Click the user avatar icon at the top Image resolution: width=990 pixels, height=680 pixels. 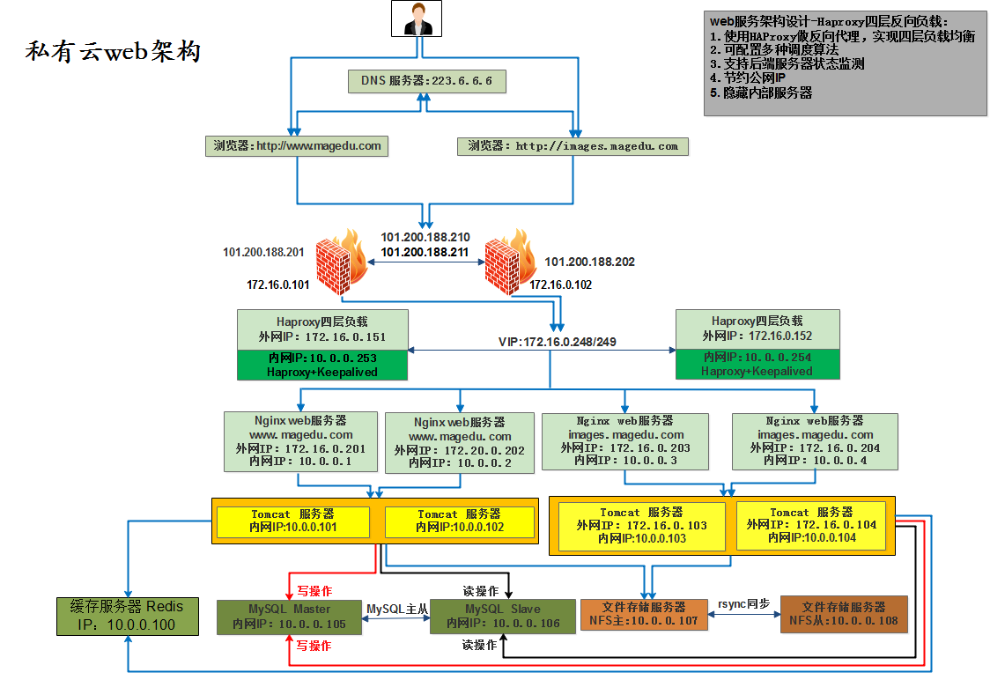416,18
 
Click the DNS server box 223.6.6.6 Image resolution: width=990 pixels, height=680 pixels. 427,81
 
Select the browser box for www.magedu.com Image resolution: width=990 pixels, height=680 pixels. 297,146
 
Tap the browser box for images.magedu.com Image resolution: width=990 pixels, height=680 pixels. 573,146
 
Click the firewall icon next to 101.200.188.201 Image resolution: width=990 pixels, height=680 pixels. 341,262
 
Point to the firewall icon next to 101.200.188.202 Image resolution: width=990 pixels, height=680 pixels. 510,262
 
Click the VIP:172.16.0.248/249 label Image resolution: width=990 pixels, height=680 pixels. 557,342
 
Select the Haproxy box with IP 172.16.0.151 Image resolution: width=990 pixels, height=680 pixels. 322,344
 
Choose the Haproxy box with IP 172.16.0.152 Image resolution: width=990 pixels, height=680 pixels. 757,344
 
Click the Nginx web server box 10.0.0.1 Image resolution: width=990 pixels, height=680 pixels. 300,441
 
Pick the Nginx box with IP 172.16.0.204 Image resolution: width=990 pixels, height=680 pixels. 815,441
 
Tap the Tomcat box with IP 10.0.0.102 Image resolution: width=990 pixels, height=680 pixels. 460,521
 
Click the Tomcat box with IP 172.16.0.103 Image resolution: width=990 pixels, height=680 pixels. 641,526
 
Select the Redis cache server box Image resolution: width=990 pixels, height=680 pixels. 128,617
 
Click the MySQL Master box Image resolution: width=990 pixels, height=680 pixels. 289,617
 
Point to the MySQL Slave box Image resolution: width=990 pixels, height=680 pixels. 503,617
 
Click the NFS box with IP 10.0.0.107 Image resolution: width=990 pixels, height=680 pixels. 643,614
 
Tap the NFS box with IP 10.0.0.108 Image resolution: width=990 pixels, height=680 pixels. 844,614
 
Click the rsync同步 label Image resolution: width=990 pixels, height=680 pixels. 743,604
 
